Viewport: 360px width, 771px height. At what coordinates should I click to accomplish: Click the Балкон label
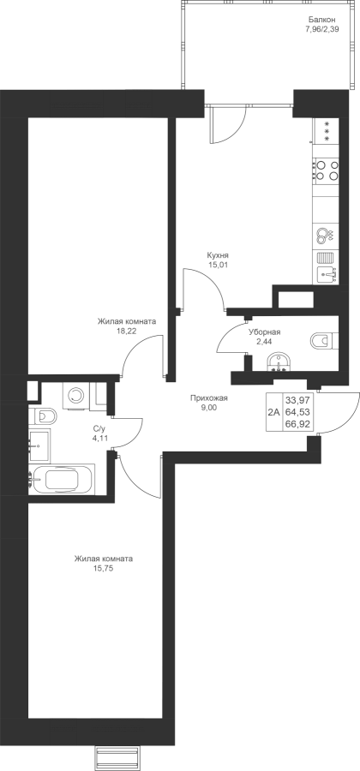(x=322, y=20)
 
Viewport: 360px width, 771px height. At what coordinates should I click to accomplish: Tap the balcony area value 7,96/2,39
(x=322, y=28)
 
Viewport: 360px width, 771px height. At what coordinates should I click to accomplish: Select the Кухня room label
(x=218, y=255)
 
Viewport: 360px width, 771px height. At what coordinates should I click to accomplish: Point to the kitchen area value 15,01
(x=218, y=265)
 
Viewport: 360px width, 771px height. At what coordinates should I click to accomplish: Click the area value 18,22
(x=126, y=331)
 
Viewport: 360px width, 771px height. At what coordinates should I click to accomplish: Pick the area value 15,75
(x=103, y=569)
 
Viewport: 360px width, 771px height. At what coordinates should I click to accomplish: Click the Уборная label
(x=264, y=332)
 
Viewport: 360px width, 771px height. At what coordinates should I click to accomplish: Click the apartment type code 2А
(x=274, y=413)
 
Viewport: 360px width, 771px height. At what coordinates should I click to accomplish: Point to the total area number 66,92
(x=300, y=423)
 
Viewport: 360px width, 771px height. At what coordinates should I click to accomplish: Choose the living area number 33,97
(x=300, y=401)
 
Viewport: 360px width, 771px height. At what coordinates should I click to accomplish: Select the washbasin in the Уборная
(x=279, y=363)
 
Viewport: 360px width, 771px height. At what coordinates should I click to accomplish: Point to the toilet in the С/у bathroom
(x=43, y=417)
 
